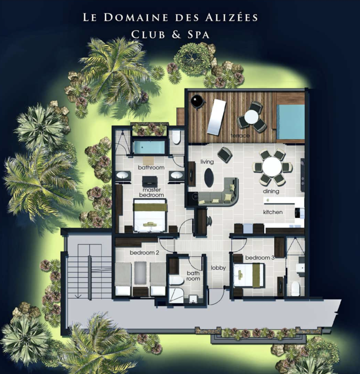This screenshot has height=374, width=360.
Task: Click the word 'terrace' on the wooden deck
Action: click(x=240, y=136)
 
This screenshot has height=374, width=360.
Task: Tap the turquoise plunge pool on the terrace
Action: click(x=290, y=122)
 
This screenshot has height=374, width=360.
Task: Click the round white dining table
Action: click(x=272, y=167)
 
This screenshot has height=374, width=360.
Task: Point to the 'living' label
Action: click(x=207, y=161)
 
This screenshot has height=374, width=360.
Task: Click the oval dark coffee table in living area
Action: click(x=209, y=177)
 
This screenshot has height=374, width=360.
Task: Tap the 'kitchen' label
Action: click(x=273, y=212)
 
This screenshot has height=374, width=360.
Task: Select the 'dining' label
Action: click(x=271, y=191)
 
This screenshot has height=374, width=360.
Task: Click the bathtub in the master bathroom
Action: click(x=149, y=148)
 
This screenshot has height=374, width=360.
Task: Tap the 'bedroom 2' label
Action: click(x=141, y=253)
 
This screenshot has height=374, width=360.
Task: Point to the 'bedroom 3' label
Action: click(x=260, y=258)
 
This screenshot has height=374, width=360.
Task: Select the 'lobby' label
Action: click(x=218, y=268)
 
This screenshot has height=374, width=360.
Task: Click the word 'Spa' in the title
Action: click(x=196, y=35)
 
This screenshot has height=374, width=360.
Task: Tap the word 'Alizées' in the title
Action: click(x=231, y=17)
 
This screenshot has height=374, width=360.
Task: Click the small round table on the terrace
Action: click(x=252, y=117)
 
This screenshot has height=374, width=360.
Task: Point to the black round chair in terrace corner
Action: click(x=198, y=101)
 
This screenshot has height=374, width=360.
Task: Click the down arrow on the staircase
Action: click(x=78, y=296)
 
